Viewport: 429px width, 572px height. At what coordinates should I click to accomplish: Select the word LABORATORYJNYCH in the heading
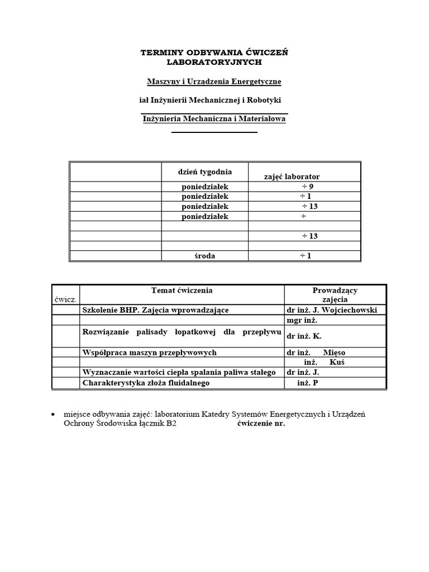214,62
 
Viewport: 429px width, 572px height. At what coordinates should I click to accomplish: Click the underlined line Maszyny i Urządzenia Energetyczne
214,82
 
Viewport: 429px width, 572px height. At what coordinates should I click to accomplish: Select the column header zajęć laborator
292,177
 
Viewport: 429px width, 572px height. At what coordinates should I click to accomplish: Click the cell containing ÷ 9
308,187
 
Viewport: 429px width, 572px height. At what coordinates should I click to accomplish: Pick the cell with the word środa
205,256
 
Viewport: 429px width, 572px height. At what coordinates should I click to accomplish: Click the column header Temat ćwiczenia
182,290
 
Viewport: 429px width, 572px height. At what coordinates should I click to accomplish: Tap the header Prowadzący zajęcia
335,295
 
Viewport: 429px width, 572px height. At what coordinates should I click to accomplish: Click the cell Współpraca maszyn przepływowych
149,353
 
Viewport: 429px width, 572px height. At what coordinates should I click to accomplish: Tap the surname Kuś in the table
337,363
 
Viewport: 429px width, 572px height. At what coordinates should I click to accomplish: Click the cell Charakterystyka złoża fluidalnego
146,383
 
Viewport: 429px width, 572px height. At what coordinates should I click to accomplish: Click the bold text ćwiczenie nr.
261,423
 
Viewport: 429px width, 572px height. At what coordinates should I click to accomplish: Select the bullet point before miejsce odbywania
53,414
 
